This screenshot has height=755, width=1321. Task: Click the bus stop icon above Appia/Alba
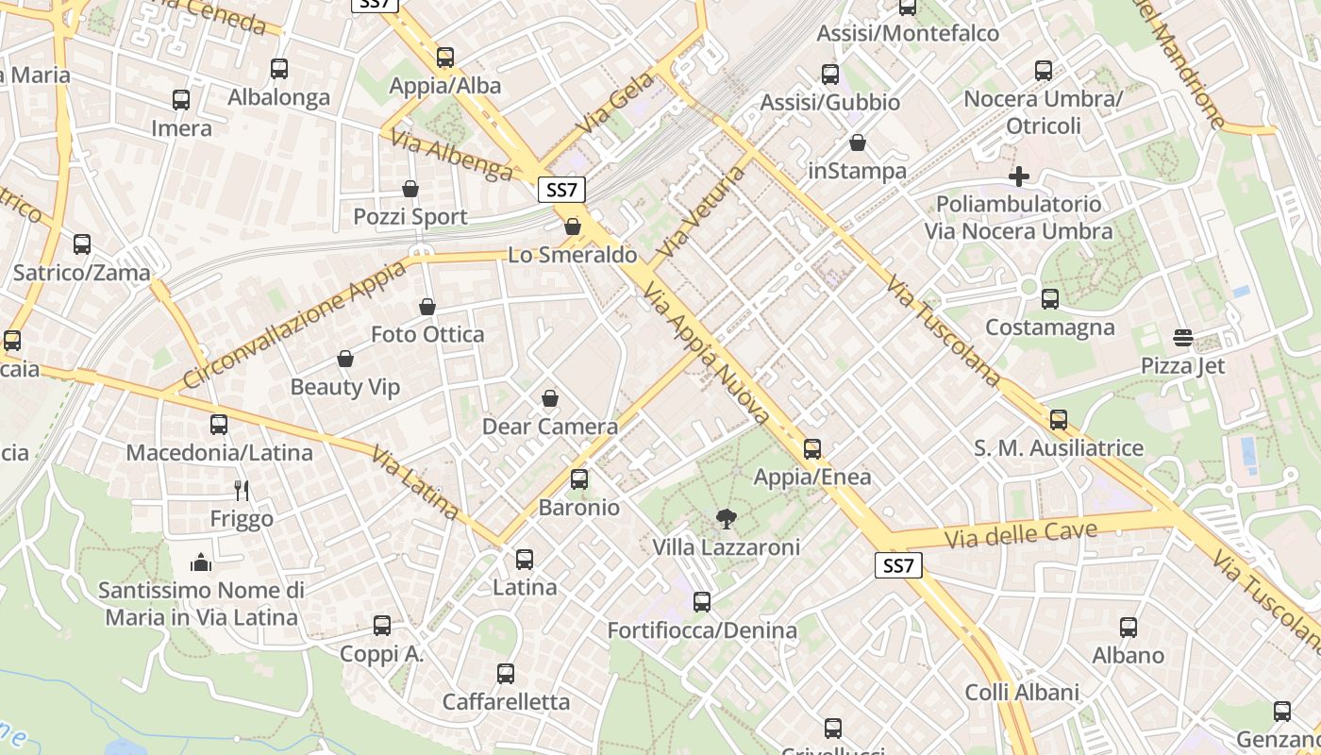click(445, 58)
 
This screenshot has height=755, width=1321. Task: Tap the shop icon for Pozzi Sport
click(410, 189)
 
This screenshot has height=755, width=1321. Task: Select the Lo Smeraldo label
click(572, 255)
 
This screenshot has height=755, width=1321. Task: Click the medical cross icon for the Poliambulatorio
click(1019, 176)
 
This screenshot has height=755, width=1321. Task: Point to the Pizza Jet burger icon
click(1183, 337)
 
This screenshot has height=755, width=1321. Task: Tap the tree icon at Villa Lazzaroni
click(726, 518)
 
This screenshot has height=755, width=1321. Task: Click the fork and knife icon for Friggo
click(242, 490)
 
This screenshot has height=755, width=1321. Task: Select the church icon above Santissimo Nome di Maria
click(201, 562)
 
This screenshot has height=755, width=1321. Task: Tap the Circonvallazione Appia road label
click(295, 324)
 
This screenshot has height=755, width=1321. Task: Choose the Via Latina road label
click(415, 482)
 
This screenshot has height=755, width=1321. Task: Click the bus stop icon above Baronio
click(579, 479)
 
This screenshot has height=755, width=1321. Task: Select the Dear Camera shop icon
click(550, 398)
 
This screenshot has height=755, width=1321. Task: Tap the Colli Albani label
click(1022, 692)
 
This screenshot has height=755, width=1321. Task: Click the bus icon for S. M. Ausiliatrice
click(1059, 420)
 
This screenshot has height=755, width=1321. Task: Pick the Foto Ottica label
click(427, 334)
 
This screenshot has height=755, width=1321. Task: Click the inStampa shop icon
click(858, 143)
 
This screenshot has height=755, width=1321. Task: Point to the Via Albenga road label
click(452, 155)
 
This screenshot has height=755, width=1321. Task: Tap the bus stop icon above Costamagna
click(1050, 299)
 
